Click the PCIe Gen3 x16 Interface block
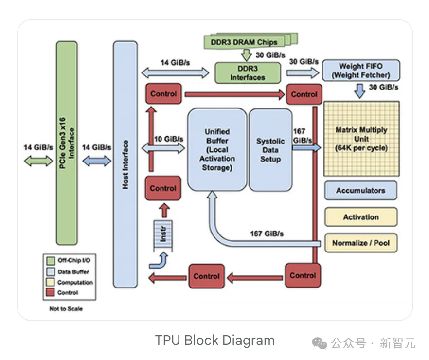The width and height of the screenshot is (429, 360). point(67,143)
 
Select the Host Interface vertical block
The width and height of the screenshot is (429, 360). point(125,164)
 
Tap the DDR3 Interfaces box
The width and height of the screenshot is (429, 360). point(248,73)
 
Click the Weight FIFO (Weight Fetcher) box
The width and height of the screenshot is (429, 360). point(360,71)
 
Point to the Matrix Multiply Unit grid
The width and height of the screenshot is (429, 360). point(361,138)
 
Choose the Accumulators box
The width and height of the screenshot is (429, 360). point(360,191)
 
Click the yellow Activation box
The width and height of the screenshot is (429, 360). point(360,217)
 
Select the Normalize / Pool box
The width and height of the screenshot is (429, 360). point(360,242)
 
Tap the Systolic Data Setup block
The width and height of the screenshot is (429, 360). point(270,150)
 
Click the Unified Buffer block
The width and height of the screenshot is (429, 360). point(217,150)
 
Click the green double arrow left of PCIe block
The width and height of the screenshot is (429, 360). point(38,161)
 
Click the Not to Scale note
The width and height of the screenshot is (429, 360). point(66,309)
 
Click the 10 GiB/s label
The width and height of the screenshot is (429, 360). point(169,139)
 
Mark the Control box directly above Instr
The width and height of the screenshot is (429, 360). point(163,188)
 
